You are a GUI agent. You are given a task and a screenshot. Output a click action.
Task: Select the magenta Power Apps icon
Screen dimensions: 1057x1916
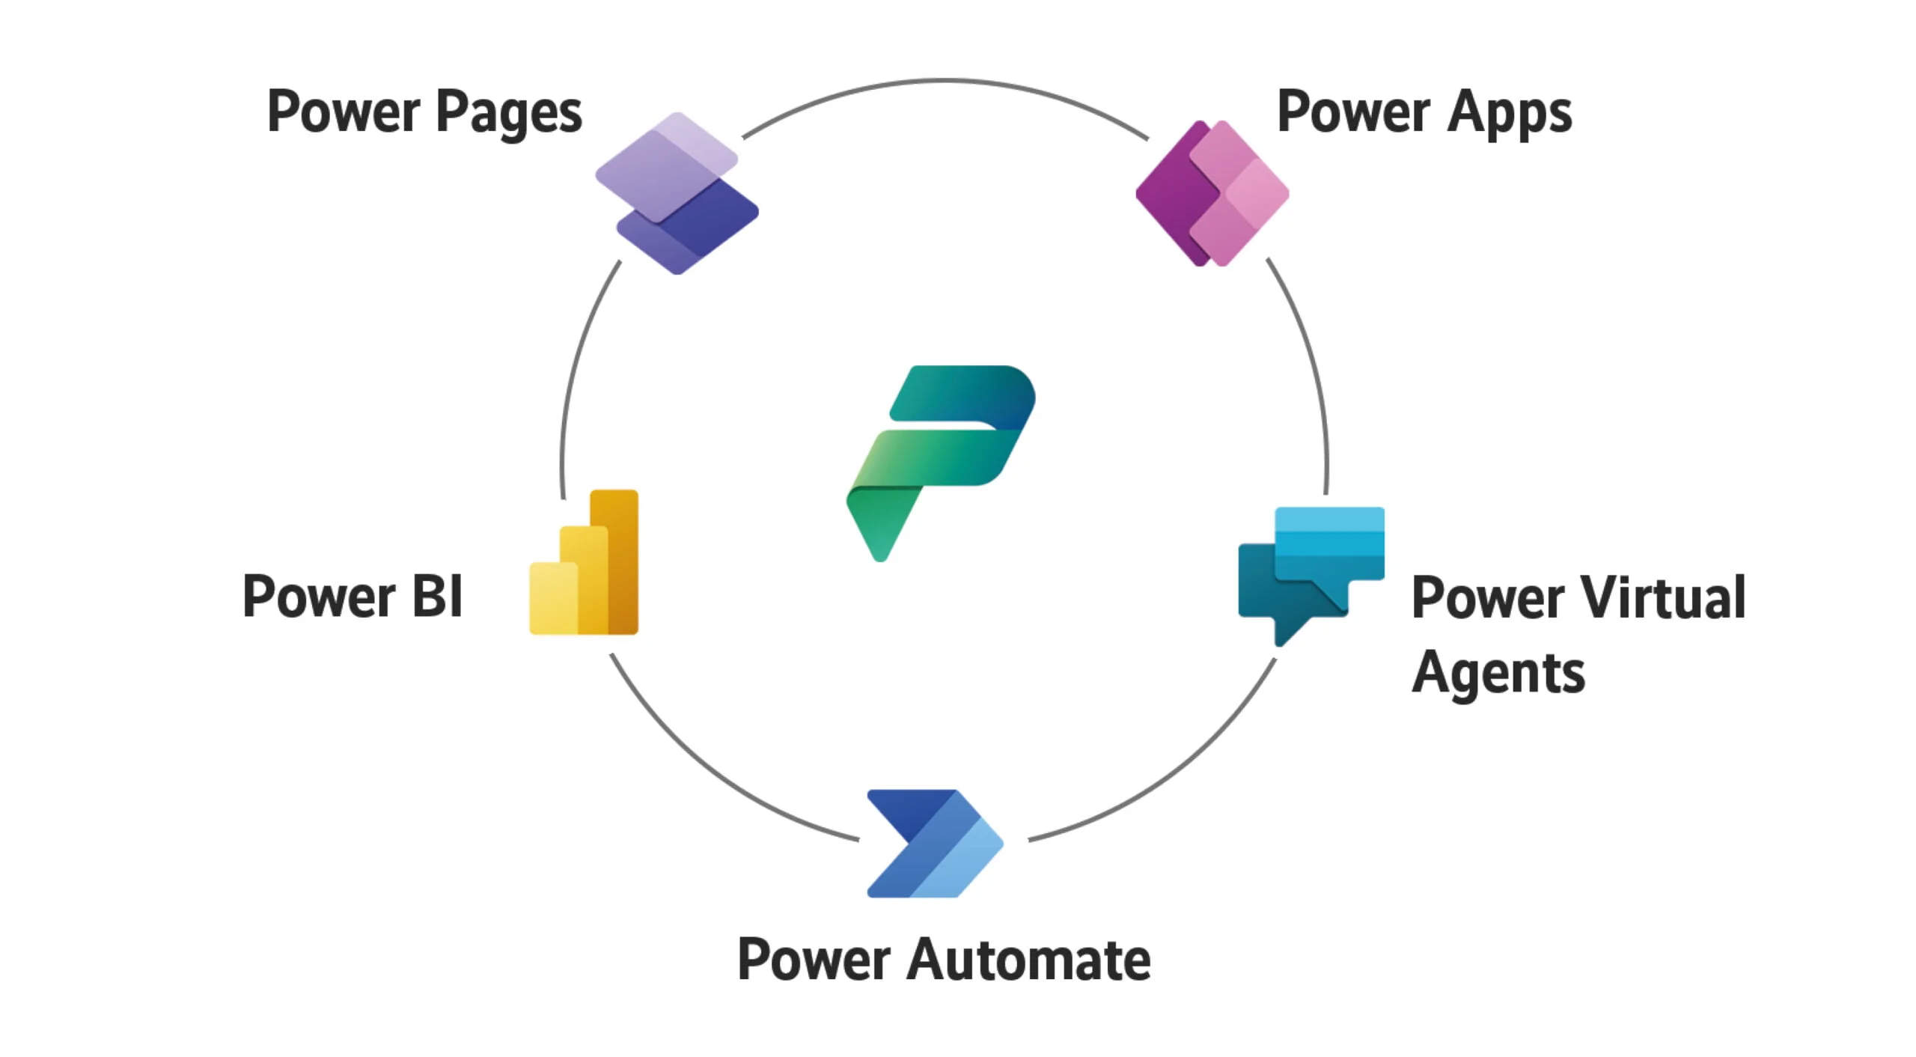(x=1212, y=192)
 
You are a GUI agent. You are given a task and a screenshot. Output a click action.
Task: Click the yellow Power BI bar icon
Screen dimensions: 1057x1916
(x=584, y=563)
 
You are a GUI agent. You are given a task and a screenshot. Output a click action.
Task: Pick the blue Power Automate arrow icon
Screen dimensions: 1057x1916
(x=934, y=844)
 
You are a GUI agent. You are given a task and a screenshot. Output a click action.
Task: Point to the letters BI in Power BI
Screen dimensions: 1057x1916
(x=437, y=597)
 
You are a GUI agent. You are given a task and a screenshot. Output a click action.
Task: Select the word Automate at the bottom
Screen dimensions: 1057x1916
(x=1028, y=960)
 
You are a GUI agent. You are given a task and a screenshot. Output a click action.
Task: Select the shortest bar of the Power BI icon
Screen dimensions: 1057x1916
(x=553, y=599)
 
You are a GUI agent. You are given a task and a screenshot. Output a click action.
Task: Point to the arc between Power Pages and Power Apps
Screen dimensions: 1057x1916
(x=945, y=80)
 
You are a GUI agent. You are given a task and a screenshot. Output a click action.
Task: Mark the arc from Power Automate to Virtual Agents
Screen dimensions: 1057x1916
(x=1175, y=779)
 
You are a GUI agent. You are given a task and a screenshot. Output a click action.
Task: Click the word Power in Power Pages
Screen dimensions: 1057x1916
(x=344, y=112)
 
